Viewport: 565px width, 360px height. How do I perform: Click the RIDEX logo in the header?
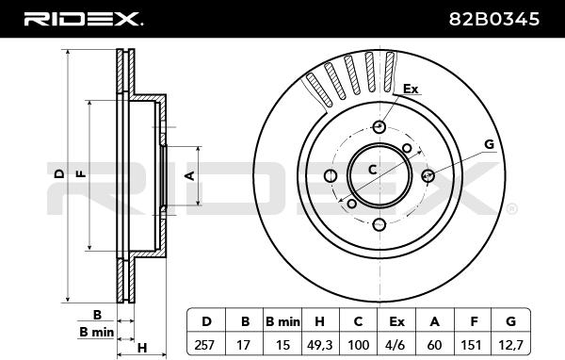[84, 19]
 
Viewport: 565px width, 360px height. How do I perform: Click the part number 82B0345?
[494, 19]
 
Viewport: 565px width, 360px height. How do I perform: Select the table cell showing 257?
[206, 345]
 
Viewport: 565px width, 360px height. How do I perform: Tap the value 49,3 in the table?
[319, 345]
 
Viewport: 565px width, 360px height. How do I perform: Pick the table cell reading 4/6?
[396, 345]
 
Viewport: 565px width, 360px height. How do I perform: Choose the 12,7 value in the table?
[510, 345]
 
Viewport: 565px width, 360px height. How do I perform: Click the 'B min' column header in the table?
[282, 321]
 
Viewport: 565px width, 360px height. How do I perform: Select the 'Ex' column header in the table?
[396, 321]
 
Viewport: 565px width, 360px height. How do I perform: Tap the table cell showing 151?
[473, 345]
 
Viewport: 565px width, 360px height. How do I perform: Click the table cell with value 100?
[358, 345]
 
